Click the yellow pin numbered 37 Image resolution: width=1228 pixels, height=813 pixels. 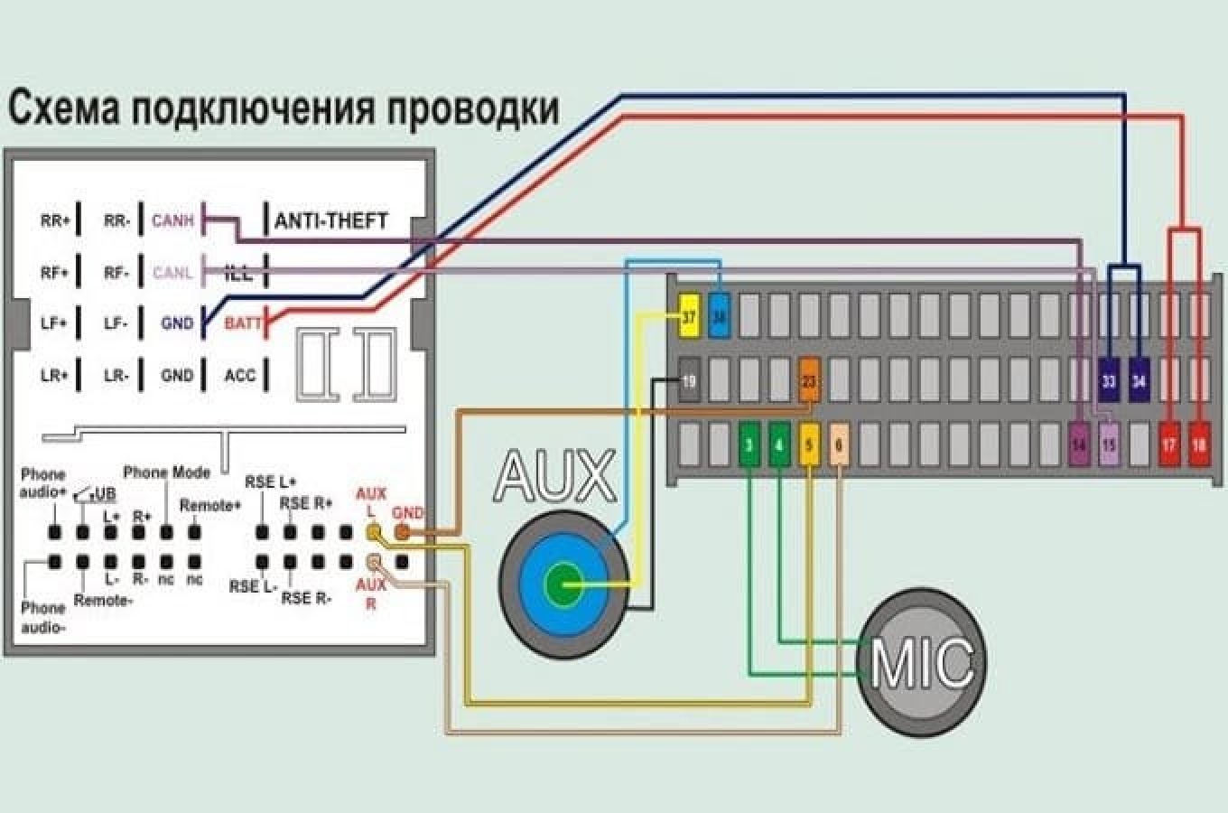coord(689,317)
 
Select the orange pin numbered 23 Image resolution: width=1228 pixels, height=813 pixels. coord(808,381)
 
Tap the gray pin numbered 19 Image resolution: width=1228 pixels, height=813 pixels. coord(689,381)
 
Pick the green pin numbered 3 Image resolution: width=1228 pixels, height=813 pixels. coord(749,444)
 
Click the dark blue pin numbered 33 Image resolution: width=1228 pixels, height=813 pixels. coord(1109,381)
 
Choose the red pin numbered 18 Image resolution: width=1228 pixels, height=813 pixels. coord(1199,444)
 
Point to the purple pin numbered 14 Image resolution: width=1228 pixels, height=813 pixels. coord(1079,444)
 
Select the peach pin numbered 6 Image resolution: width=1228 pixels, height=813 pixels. coord(839,444)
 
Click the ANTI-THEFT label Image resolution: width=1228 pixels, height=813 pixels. coord(331,220)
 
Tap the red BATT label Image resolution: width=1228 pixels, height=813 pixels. coord(242,323)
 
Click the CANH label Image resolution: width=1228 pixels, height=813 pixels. coord(172,220)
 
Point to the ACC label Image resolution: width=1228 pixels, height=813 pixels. coord(240,375)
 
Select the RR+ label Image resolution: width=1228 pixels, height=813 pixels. coord(55,220)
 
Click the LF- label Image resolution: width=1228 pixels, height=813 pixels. coord(116,323)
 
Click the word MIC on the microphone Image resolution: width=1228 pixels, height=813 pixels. coord(922,662)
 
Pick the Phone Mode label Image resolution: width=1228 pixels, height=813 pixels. coord(166,472)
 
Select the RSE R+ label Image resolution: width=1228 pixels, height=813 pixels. coord(305,503)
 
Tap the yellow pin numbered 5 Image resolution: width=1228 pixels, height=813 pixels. coord(809,444)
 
